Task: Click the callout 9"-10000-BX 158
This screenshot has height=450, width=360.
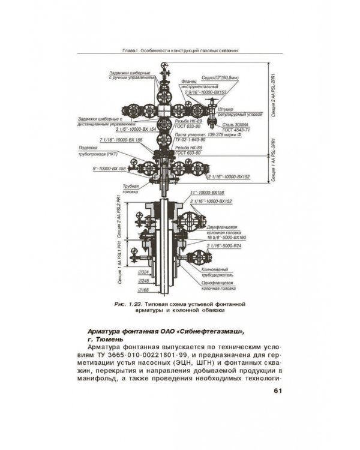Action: click(109, 169)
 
